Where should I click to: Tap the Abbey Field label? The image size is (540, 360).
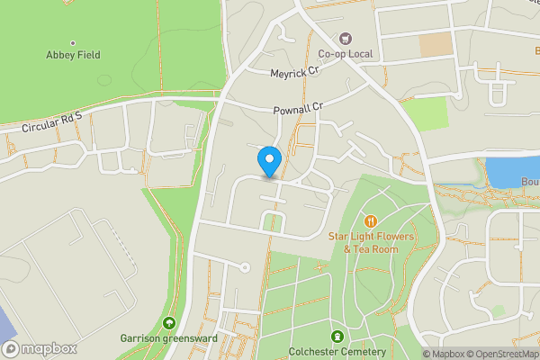(x=73, y=55)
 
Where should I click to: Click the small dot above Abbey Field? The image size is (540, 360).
(x=73, y=42)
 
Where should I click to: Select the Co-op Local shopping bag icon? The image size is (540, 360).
(x=345, y=39)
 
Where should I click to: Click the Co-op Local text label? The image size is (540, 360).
(x=344, y=54)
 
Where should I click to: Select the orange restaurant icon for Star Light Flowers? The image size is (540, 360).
(x=370, y=221)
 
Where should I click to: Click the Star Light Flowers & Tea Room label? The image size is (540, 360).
(x=363, y=242)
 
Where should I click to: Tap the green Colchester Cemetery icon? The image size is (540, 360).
(x=337, y=337)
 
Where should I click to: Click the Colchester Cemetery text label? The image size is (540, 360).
(x=338, y=352)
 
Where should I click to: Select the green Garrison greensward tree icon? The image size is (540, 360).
(x=168, y=323)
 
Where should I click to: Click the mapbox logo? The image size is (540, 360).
(x=39, y=348)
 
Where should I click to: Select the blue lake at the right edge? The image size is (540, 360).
(x=512, y=171)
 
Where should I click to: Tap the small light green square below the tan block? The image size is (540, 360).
(x=424, y=113)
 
